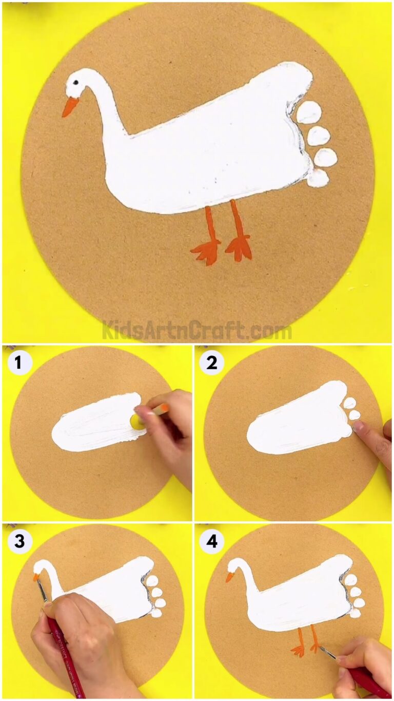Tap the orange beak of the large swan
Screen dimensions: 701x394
click(x=70, y=107)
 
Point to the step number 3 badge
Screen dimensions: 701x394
click(x=19, y=541)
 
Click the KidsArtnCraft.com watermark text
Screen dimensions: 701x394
click(x=196, y=330)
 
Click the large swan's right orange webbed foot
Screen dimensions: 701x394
click(x=239, y=248)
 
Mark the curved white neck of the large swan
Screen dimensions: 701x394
click(x=105, y=113)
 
